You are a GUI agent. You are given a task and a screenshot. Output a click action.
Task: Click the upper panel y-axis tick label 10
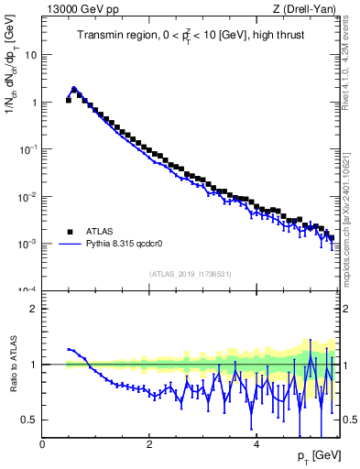coord(30,55)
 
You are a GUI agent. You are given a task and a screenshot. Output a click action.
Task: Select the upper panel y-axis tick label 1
coord(33,103)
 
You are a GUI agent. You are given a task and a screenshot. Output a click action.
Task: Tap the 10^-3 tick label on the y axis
coord(27,244)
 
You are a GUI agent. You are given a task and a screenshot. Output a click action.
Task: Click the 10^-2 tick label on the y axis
coord(27,196)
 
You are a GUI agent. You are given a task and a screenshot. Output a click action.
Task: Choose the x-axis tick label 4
coord(256,444)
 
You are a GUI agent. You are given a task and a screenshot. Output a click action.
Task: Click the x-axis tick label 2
coord(149,444)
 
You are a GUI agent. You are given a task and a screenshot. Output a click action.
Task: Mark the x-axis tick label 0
coord(42,444)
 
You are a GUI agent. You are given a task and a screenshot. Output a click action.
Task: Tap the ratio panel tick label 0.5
coord(28,420)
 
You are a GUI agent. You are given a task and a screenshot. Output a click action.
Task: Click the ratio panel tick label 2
coord(33,309)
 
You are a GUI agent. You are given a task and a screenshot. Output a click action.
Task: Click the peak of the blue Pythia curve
coord(74,89)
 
